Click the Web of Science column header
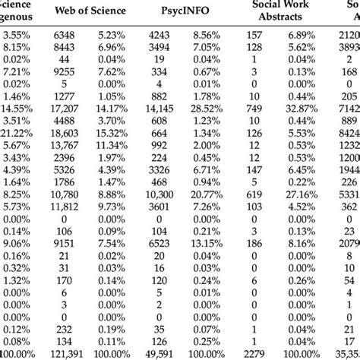[x=104, y=11]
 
